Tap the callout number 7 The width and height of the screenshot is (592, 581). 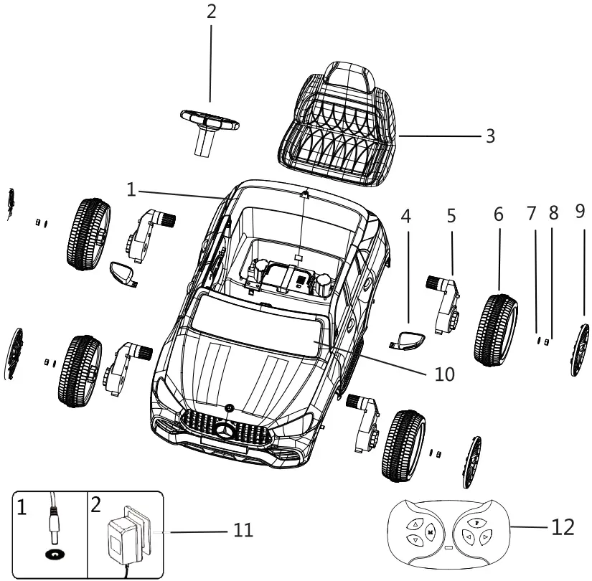click(x=532, y=214)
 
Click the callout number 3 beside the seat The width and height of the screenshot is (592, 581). click(x=489, y=136)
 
